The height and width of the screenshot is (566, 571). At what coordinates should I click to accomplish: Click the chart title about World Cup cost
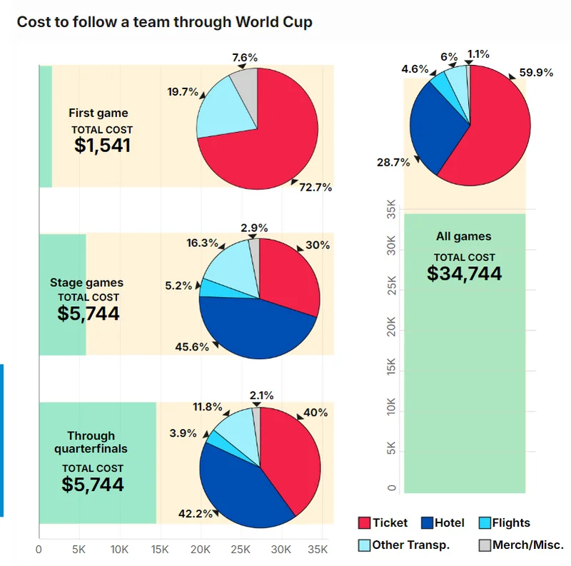tap(164, 21)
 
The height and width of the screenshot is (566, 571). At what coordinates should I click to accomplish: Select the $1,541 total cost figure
tap(103, 146)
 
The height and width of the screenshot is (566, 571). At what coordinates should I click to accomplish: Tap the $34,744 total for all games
tap(465, 273)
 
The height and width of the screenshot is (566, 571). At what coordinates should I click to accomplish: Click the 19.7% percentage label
tap(183, 91)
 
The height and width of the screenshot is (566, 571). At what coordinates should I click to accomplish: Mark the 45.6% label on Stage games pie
tap(192, 347)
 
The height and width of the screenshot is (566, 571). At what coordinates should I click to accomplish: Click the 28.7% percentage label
tap(393, 162)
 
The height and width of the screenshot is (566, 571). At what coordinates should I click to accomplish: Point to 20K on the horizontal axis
tap(201, 550)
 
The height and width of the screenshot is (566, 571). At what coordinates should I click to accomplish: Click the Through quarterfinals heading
tap(91, 442)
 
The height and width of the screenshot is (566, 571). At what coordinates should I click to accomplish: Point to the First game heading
tap(98, 113)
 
